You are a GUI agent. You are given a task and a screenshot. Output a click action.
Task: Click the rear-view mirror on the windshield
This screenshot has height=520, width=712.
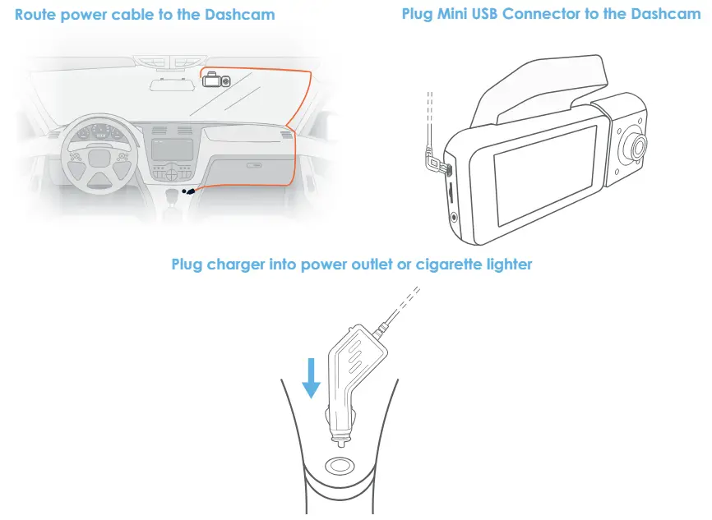[x=170, y=85]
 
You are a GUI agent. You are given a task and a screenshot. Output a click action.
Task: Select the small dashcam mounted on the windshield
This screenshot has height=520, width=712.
[x=216, y=79]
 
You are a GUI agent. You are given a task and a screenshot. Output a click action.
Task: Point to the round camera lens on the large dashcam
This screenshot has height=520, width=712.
[x=635, y=146]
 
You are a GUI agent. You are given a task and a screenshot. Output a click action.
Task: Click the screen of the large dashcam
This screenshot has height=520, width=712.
[x=544, y=175]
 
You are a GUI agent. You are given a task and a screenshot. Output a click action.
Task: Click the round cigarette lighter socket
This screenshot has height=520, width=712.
[x=340, y=466]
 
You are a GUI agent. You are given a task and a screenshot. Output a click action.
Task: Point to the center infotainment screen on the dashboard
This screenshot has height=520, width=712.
[x=172, y=150]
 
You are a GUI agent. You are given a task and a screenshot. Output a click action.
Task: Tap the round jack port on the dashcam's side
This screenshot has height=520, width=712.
[x=454, y=217]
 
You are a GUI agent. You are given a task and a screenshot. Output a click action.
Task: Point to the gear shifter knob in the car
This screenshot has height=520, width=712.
[x=173, y=196]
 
